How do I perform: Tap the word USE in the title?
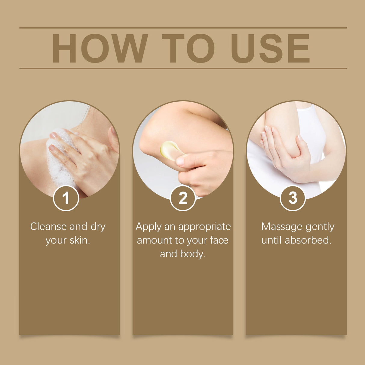coord(270,48)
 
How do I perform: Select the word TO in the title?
coord(188,48)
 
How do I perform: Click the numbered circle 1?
coord(66,198)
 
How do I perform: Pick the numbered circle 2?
coord(183,198)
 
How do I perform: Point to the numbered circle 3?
coord(293,198)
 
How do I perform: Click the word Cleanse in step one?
coord(48,226)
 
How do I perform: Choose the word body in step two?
coord(192,254)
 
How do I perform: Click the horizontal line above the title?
coord(183,28)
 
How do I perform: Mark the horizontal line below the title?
coord(183,68)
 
